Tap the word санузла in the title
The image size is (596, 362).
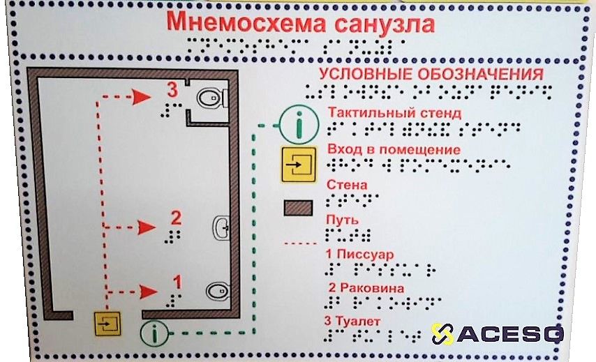[x=383, y=24]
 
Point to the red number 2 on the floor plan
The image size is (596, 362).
[x=176, y=218]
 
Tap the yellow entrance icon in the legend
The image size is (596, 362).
[x=297, y=165]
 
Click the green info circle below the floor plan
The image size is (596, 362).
[x=154, y=334]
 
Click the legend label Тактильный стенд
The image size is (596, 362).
[x=394, y=112]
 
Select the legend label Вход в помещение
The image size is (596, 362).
[x=393, y=150]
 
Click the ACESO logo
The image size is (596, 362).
[x=496, y=333]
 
